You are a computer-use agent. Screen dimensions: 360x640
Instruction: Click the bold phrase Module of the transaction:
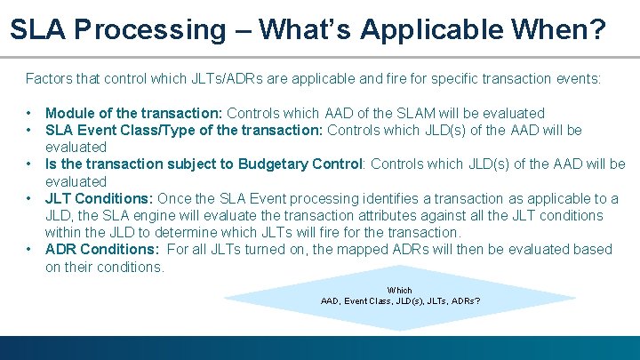(134, 113)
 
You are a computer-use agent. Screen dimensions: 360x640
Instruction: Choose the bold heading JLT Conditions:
(97, 198)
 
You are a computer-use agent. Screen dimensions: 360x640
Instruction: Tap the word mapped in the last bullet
(334, 249)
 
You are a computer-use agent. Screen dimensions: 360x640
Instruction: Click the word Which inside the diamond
(400, 290)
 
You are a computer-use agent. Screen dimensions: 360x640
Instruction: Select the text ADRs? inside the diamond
(465, 300)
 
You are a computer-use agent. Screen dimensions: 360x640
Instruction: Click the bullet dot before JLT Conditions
(30, 198)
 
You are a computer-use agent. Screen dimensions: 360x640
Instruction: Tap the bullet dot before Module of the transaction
(30, 113)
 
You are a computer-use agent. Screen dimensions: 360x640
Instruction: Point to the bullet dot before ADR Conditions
(30, 249)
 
